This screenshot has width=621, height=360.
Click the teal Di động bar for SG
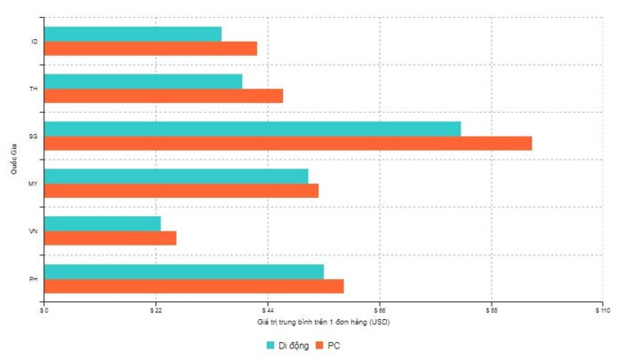[x=252, y=129]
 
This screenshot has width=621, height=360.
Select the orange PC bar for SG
[x=287, y=144]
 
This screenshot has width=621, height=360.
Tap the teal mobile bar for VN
[x=102, y=223]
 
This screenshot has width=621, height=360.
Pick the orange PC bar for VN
[x=110, y=238]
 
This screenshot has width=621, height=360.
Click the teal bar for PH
[x=184, y=271]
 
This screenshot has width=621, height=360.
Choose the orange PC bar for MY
[x=181, y=191]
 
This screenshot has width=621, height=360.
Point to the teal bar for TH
[x=143, y=82]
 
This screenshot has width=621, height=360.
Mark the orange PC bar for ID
[x=150, y=49]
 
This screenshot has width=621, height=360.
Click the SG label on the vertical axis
[x=33, y=137]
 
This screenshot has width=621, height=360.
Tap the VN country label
[x=33, y=231]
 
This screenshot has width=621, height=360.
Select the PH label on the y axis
[x=33, y=279]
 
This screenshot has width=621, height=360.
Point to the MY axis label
[x=33, y=184]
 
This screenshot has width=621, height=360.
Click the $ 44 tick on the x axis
[x=267, y=310]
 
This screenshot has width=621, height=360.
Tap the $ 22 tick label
[x=155, y=310]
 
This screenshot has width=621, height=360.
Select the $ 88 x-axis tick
[x=491, y=310]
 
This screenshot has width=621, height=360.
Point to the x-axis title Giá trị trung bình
[x=323, y=321]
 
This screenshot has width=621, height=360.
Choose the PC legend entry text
[x=334, y=345]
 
